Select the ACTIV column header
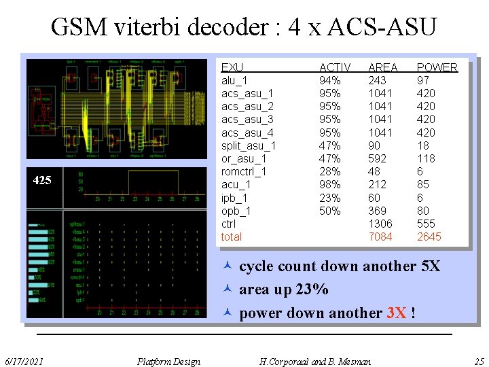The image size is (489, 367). [335, 67]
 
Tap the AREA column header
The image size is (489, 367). [382, 67]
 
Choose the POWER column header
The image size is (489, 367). [437, 67]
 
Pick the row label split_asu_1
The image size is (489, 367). [249, 145]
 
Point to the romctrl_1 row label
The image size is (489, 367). [244, 171]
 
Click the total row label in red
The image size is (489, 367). [232, 237]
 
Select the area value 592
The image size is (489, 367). [377, 158]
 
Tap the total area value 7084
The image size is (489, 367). [380, 237]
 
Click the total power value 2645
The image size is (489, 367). [429, 237]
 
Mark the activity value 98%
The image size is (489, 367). [330, 184]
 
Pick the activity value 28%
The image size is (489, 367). [330, 171]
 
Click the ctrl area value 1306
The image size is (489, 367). [380, 224]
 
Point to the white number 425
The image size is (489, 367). [42, 181]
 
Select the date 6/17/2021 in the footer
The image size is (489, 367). [24, 361]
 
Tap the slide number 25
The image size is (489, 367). [479, 361]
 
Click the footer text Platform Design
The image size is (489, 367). [168, 361]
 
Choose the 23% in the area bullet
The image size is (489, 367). [312, 290]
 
